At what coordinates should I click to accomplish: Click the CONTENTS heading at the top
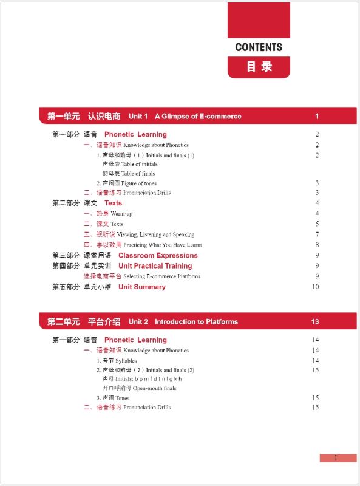click(x=259, y=47)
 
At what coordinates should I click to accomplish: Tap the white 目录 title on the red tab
click(x=259, y=67)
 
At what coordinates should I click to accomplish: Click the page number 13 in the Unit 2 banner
click(x=315, y=321)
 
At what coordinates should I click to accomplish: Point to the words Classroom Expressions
click(x=158, y=255)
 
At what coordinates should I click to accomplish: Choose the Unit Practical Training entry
click(x=155, y=265)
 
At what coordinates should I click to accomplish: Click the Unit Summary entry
click(x=141, y=287)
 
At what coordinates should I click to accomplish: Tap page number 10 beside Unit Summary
click(x=315, y=287)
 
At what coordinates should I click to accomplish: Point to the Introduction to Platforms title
click(x=196, y=321)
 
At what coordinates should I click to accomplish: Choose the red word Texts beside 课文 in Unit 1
click(x=113, y=203)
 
